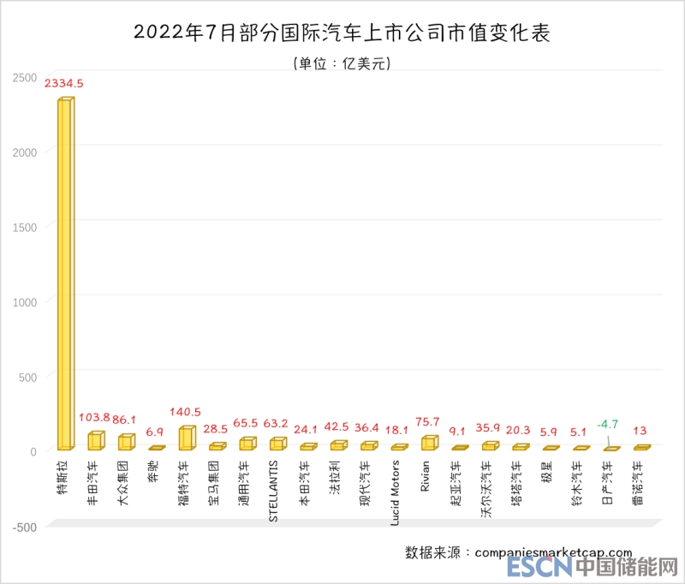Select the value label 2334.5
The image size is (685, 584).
pyautogui.click(x=63, y=84)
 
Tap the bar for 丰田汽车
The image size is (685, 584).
pyautogui.click(x=95, y=441)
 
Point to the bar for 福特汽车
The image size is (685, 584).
pyautogui.click(x=187, y=438)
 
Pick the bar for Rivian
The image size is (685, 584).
pyautogui.click(x=429, y=443)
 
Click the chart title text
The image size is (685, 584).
pyautogui.click(x=342, y=33)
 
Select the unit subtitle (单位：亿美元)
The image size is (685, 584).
pyautogui.click(x=342, y=63)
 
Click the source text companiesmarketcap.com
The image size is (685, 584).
pyautogui.click(x=552, y=553)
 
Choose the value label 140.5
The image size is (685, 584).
pyautogui.click(x=185, y=412)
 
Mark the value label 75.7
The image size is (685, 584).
pyautogui.click(x=428, y=421)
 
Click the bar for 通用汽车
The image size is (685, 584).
pyautogui.click(x=247, y=444)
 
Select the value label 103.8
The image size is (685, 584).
pyautogui.click(x=95, y=417)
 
